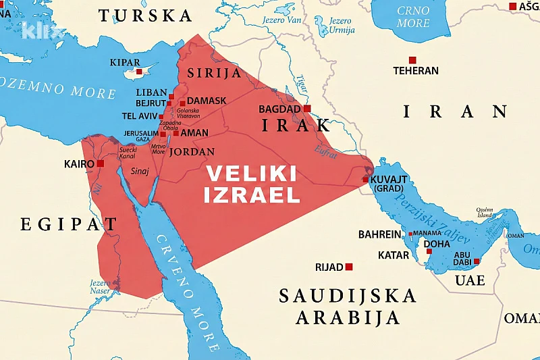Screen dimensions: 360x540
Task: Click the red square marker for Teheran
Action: tap(412, 59)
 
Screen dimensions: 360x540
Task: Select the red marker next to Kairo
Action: tap(101, 163)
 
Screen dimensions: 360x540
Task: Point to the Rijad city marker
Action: tap(349, 267)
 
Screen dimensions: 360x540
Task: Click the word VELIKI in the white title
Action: tap(250, 174)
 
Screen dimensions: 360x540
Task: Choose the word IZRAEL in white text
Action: tap(252, 196)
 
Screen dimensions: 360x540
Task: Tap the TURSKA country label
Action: tap(145, 16)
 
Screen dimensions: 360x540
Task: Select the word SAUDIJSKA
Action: tap(348, 296)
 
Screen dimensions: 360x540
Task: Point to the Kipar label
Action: tap(125, 63)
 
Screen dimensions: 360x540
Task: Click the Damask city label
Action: tap(207, 101)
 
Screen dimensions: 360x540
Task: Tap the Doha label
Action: tap(437, 243)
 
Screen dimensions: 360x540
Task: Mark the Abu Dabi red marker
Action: tap(477, 261)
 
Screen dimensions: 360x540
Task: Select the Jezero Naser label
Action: tap(99, 287)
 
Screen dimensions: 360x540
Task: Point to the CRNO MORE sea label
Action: tap(413, 17)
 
